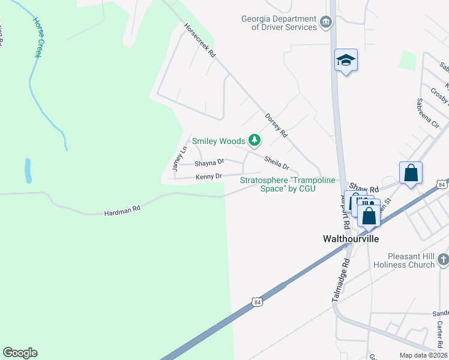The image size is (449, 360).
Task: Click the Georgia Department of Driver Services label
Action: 279,23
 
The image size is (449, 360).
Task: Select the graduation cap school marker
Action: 346,60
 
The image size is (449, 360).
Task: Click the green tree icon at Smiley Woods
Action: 255,140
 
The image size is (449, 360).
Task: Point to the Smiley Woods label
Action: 218,142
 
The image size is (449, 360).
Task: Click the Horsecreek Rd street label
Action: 200,40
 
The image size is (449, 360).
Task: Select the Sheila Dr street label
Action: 277,162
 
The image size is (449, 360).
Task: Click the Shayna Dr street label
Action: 209,162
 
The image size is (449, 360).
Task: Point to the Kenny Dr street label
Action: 209,176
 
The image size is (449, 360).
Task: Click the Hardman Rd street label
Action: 122,209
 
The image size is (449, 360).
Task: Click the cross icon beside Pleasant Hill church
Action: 443,259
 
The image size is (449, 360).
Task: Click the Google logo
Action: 20,353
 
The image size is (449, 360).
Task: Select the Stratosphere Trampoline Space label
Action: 278,184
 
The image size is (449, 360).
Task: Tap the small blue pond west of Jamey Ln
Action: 28,170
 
